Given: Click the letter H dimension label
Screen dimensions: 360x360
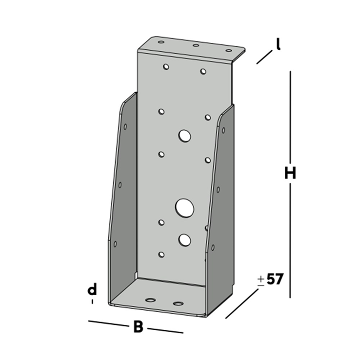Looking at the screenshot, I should (290, 173).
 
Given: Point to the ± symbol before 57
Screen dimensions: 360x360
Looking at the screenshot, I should (261, 280).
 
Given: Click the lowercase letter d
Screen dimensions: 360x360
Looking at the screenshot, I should (92, 290).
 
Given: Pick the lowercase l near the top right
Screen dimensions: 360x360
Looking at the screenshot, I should (278, 45).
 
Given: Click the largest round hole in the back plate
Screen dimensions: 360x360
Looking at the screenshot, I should (184, 208).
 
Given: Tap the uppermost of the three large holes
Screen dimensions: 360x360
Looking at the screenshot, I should (184, 136).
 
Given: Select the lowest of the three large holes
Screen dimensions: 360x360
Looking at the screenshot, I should (184, 239).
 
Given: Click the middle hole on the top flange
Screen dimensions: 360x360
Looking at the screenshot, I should (196, 46).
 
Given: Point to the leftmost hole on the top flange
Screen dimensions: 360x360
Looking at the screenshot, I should (160, 42).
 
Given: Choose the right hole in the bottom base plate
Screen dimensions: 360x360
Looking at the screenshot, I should (179, 303).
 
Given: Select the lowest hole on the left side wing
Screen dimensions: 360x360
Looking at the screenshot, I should (116, 243).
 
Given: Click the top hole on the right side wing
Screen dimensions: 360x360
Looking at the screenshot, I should (223, 131).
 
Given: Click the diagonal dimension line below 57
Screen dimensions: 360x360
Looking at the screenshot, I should (242, 303).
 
